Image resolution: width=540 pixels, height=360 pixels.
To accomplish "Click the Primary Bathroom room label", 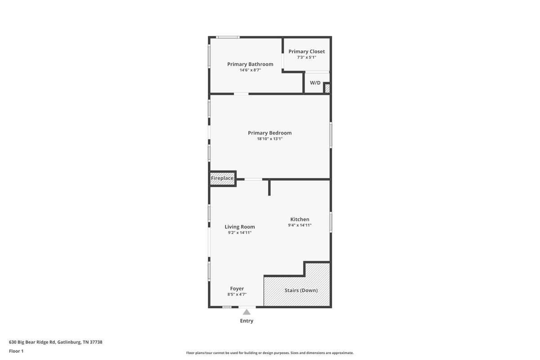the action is click(x=250, y=64).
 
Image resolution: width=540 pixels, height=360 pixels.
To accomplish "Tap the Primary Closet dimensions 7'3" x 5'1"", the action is click(x=306, y=58).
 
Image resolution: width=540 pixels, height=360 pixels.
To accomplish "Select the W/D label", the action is click(x=315, y=83).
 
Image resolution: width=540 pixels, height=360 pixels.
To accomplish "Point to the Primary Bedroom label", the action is click(x=270, y=133).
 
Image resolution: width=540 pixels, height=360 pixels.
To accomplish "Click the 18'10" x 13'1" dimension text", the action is click(x=270, y=139).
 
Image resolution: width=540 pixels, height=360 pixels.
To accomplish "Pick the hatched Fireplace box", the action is click(x=222, y=179).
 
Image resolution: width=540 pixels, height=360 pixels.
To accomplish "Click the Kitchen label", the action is click(x=300, y=219).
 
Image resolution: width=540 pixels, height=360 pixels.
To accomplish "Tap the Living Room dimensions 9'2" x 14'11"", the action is click(x=239, y=233).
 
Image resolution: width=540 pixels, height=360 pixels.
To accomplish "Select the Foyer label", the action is click(x=237, y=288).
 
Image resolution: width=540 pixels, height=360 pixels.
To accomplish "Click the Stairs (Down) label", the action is click(x=301, y=290).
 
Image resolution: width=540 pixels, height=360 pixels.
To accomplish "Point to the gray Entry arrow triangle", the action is click(x=247, y=312).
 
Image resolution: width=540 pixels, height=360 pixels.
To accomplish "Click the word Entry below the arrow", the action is click(x=247, y=321).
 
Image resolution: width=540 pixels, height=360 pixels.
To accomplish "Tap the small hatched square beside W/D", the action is click(x=327, y=88).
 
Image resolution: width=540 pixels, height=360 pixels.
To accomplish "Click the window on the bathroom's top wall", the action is click(x=228, y=37).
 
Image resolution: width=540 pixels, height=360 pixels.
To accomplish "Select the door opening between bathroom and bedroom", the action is click(x=241, y=94).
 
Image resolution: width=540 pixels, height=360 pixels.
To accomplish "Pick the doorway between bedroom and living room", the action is click(x=253, y=180).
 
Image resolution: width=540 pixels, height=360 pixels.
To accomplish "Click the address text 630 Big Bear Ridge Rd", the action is click(x=32, y=342).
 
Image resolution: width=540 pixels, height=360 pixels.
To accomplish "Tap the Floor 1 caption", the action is click(x=16, y=351).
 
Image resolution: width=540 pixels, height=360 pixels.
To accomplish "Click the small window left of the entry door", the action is click(x=227, y=307).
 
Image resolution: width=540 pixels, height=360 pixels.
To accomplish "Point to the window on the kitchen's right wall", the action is click(x=331, y=222).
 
